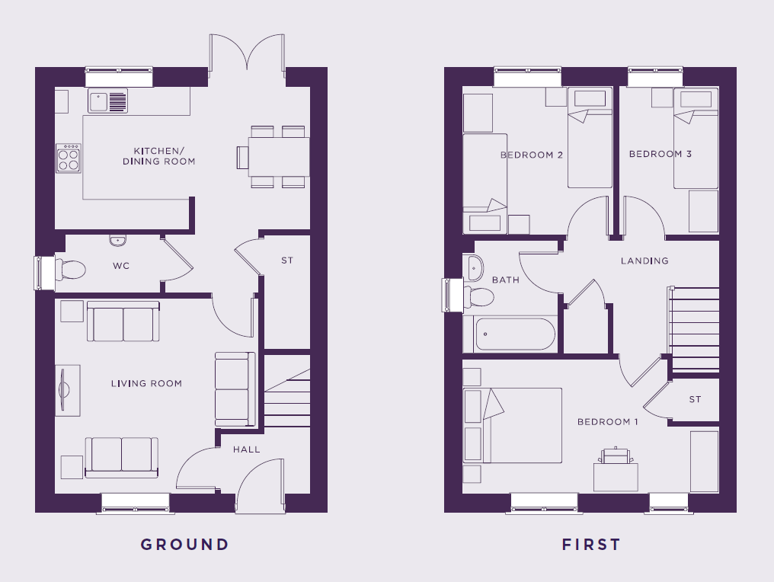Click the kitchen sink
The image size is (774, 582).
click(x=107, y=101)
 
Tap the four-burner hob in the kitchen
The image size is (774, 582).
click(x=69, y=158)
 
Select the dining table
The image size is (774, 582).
click(x=278, y=156)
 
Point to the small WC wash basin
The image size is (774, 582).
click(x=118, y=241)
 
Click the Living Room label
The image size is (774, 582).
click(x=146, y=384)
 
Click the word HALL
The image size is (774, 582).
click(x=246, y=449)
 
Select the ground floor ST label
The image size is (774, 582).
click(x=287, y=260)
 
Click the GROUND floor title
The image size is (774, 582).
click(x=184, y=545)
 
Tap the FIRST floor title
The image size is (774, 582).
click(x=591, y=545)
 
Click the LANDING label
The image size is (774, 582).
click(x=644, y=261)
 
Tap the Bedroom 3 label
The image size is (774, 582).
click(x=660, y=154)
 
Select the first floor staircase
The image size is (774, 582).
click(x=693, y=329)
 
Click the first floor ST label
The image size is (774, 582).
click(x=695, y=399)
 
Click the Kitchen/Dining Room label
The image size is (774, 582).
click(x=159, y=156)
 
